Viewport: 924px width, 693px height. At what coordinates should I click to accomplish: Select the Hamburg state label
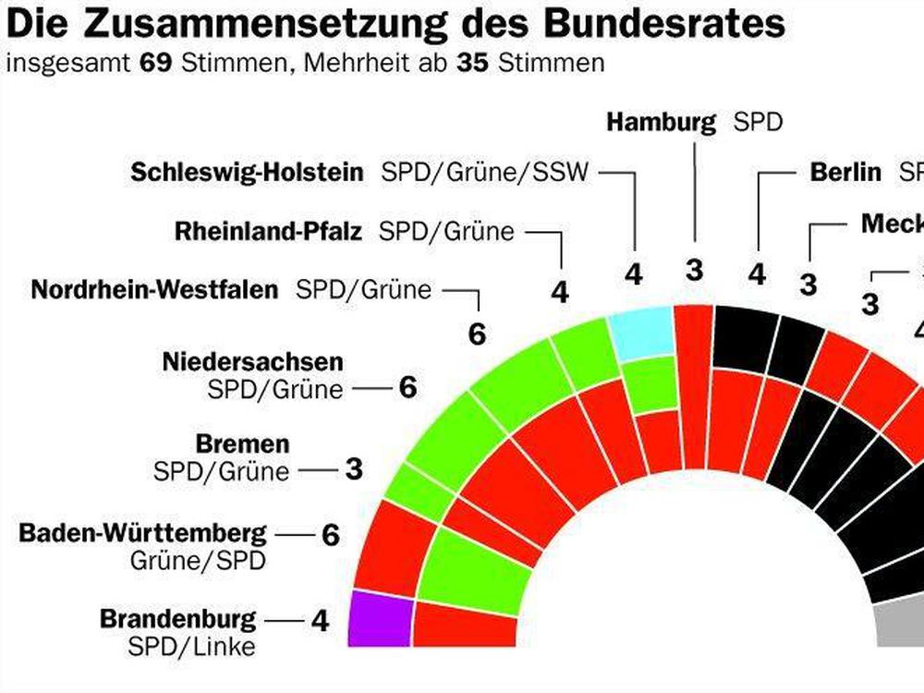(x=662, y=122)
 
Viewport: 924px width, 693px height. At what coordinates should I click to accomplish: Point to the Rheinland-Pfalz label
(x=268, y=231)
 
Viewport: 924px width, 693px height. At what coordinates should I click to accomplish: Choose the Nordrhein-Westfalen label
(x=154, y=289)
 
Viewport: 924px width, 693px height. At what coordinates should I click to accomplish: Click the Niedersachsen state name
(x=252, y=360)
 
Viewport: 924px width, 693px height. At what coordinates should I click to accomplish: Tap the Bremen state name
(x=242, y=444)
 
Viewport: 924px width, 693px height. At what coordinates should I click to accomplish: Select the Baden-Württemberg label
(x=143, y=533)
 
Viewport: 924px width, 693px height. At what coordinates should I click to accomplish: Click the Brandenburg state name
(x=178, y=618)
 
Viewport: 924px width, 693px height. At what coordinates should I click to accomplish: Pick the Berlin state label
(x=845, y=172)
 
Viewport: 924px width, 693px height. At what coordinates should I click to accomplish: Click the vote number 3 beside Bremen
(x=353, y=469)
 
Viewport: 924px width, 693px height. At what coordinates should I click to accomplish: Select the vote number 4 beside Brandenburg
(x=320, y=621)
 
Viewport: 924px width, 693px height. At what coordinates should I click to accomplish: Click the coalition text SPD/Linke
(x=191, y=646)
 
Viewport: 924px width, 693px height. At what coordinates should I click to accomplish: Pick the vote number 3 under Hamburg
(x=695, y=270)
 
